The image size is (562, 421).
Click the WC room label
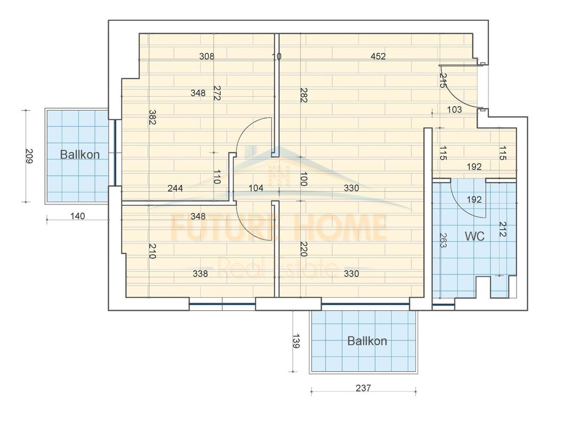click(x=474, y=236)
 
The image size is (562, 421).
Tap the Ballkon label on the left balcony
click(x=80, y=155)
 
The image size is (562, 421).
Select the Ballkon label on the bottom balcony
click(x=367, y=341)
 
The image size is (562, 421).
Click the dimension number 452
click(x=378, y=56)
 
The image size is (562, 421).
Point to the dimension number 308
click(x=206, y=56)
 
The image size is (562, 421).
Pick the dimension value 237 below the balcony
click(x=363, y=388)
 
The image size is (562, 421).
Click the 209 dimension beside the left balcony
click(x=30, y=156)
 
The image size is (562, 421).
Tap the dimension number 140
click(x=78, y=217)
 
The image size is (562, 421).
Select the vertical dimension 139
click(x=296, y=342)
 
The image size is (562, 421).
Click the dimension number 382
click(x=152, y=117)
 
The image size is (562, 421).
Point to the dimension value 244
click(x=176, y=188)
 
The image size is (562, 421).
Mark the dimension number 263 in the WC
click(x=442, y=240)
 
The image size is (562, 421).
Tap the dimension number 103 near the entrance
click(x=454, y=110)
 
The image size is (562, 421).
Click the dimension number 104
click(x=256, y=188)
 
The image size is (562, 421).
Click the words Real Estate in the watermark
click(x=278, y=269)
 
